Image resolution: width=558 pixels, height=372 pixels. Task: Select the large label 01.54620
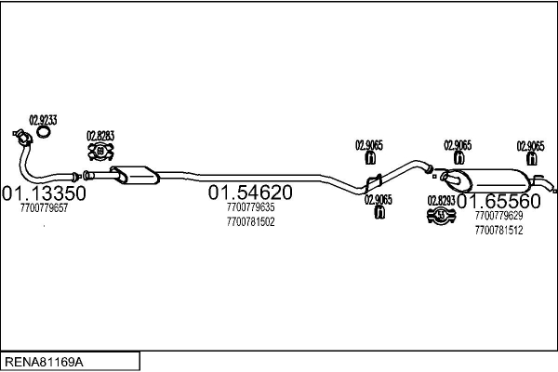[250, 193]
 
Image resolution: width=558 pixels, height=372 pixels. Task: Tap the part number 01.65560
[498, 202]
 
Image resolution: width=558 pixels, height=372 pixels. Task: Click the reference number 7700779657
[44, 208]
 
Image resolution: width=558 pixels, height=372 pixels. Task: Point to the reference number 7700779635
[250, 208]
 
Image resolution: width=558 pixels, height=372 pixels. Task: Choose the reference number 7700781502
[250, 222]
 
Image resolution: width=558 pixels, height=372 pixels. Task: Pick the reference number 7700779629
[498, 216]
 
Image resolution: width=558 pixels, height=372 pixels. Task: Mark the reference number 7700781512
[498, 230]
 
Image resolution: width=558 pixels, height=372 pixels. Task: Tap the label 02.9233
[43, 120]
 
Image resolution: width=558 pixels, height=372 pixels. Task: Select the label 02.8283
[100, 136]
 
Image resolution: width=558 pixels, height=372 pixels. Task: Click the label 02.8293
[440, 200]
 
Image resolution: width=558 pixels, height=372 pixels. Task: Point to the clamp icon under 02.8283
[100, 154]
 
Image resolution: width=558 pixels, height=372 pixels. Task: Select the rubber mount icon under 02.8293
[440, 217]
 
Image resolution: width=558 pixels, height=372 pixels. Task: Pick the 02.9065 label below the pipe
[379, 199]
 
